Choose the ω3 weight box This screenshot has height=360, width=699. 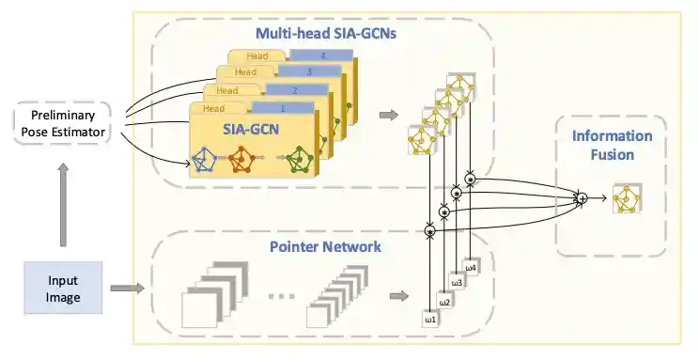coord(458,282)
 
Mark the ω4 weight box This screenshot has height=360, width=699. coord(471,267)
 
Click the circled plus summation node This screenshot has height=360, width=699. coord(582,198)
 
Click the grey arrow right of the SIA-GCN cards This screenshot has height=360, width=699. coord(387,116)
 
